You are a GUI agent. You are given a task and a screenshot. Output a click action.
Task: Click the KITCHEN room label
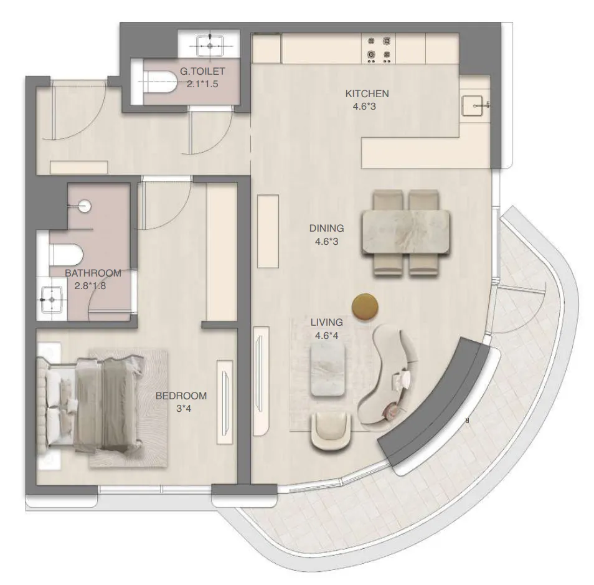[x=367, y=94]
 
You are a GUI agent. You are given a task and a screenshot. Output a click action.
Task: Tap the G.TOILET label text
[x=202, y=72]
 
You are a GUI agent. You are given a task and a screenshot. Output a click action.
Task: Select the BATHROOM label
[x=93, y=273]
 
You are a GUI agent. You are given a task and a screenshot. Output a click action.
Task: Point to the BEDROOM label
[x=181, y=396]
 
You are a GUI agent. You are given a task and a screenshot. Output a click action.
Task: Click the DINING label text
[x=326, y=229]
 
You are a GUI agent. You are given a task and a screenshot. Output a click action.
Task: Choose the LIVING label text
[x=326, y=323]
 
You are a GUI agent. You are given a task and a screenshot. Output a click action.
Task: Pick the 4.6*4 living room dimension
[x=326, y=335]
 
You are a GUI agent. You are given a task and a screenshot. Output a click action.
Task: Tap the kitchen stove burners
[x=379, y=49]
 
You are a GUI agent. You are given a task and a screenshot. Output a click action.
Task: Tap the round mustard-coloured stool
[x=364, y=305]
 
